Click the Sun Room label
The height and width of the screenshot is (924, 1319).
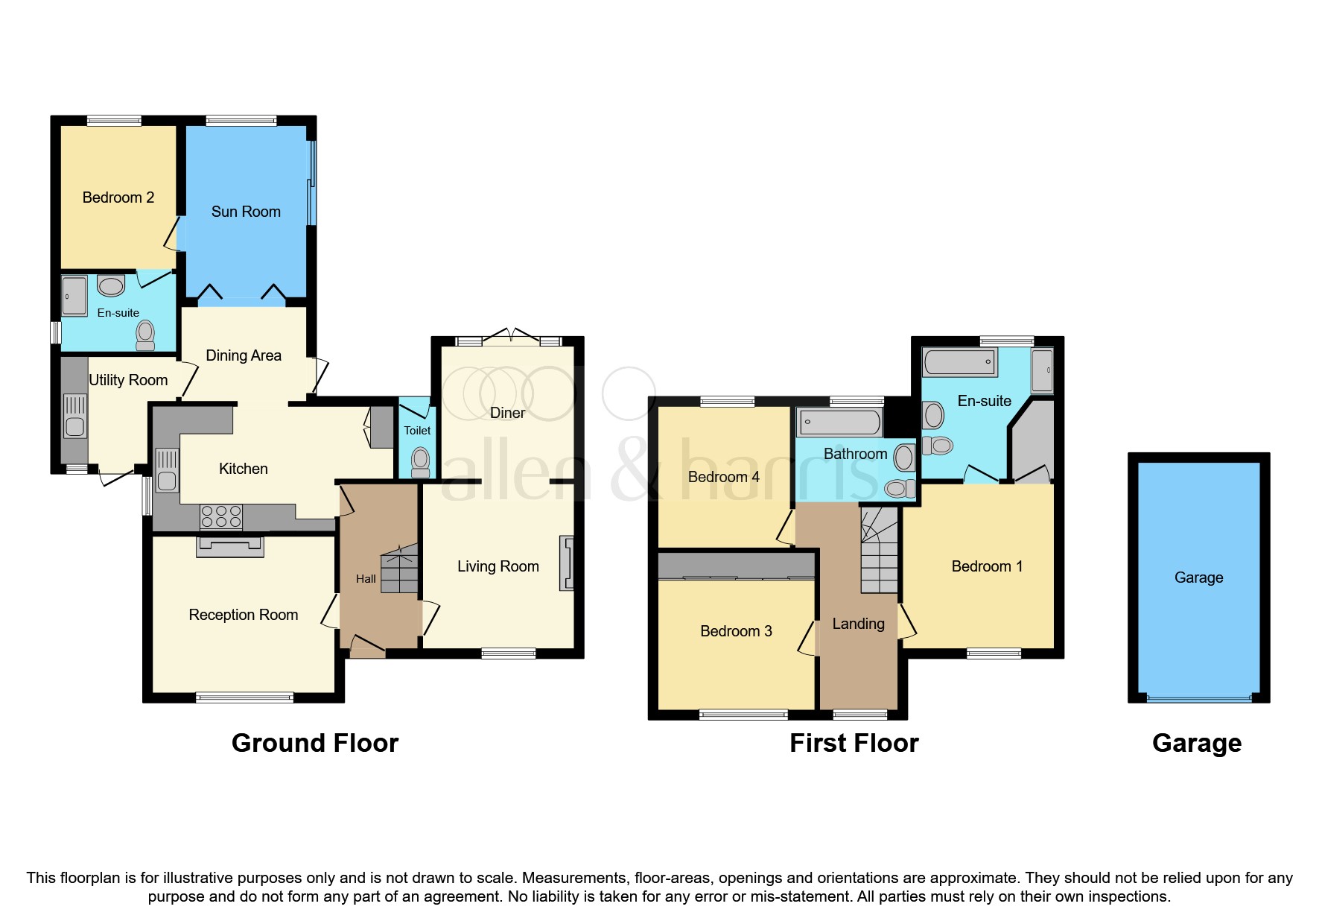point(246,212)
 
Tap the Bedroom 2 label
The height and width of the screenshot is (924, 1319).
point(118,197)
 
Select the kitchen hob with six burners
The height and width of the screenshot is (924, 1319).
point(221,516)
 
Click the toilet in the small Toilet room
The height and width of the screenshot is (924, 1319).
point(421,461)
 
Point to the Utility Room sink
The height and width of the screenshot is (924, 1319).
point(74,417)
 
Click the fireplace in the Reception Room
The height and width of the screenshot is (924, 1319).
point(229,546)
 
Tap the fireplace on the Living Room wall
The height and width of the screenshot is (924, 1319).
point(568,563)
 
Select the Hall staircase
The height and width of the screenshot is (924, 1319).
point(400,569)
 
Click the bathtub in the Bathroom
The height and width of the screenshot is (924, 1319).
point(839,423)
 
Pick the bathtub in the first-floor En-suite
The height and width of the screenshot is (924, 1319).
point(959,362)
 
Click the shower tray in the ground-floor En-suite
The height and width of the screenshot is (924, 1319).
point(74,296)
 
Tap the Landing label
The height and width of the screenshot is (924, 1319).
point(858,624)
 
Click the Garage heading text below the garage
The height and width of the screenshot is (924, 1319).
point(1196,743)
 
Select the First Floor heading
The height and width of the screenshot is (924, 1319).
point(854,743)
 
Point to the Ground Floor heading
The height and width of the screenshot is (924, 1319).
point(315,743)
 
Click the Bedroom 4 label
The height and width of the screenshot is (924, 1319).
point(723,477)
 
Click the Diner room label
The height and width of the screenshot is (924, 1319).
point(507,413)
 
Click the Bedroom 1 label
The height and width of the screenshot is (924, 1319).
point(987,566)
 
